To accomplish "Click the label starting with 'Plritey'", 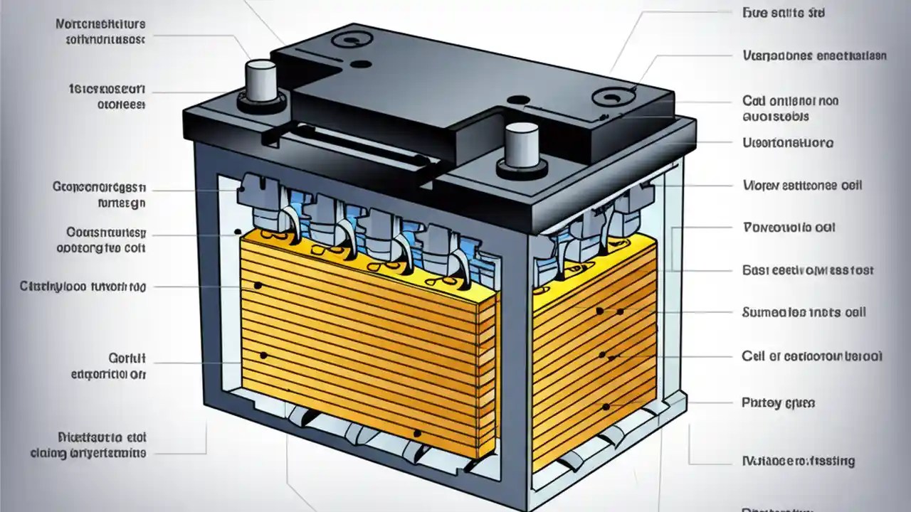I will click(x=778, y=402).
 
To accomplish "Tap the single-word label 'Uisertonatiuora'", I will click(x=788, y=143).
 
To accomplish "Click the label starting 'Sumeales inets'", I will click(x=804, y=312).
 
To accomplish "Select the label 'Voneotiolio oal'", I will click(x=789, y=228).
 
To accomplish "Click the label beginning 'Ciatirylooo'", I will click(x=83, y=287).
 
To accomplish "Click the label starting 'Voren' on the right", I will click(x=802, y=185).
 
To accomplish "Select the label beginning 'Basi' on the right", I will click(x=808, y=270).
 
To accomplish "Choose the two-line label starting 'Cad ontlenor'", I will click(x=790, y=108).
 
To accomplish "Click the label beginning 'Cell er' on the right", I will click(x=812, y=356).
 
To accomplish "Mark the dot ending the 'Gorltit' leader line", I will click(x=264, y=354).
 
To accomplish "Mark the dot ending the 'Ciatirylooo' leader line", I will click(x=258, y=287).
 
